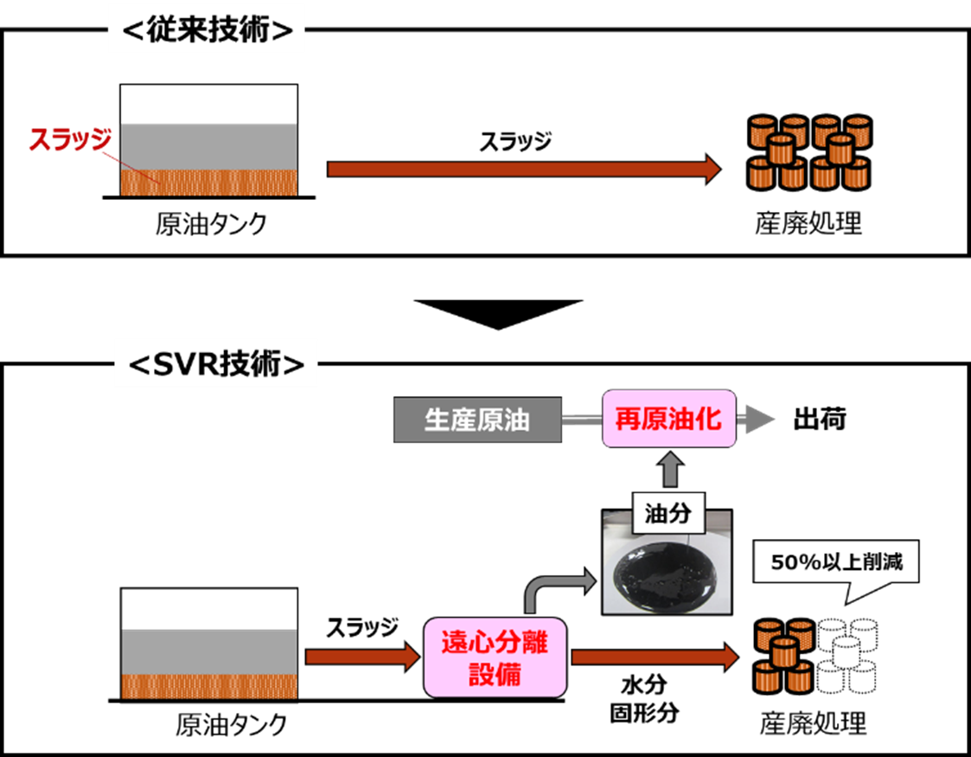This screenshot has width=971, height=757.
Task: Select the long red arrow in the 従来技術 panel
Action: pos(523,169)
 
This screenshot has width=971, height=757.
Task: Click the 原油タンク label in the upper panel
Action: pos(211,225)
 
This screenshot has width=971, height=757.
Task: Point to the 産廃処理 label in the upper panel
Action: pos(808,224)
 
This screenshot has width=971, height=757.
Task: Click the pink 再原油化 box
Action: pos(668,420)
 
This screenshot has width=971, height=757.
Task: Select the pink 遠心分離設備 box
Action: pos(495,658)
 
